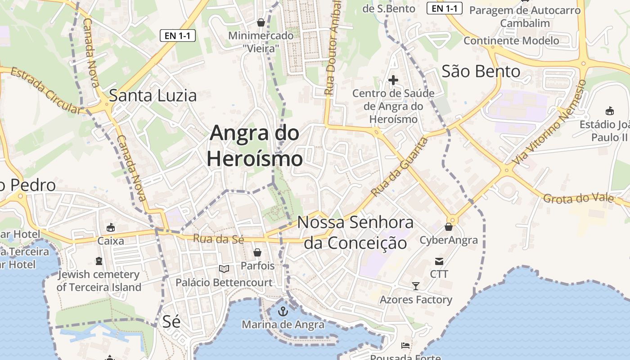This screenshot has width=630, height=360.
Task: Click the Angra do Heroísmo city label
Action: click(x=255, y=146)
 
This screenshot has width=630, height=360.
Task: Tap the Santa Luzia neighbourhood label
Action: click(x=153, y=95)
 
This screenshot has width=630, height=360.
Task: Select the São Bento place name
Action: click(x=481, y=71)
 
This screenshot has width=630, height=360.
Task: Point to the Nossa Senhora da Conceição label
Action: click(x=355, y=233)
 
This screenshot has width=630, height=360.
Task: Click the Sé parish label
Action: click(x=171, y=321)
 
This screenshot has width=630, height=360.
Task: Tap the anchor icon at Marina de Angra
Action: click(x=283, y=311)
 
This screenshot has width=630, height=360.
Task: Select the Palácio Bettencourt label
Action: click(x=224, y=283)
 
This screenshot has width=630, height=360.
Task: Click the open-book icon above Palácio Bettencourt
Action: click(x=224, y=269)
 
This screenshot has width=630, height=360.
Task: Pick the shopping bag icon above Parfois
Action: click(x=257, y=252)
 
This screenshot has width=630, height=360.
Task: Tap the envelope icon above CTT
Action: click(x=439, y=261)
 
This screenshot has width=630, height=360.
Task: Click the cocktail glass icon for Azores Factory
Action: click(x=416, y=286)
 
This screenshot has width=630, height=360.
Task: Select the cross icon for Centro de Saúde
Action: click(x=393, y=80)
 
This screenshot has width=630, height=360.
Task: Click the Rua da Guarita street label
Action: click(x=400, y=167)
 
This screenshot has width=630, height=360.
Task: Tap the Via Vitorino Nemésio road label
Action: click(x=550, y=122)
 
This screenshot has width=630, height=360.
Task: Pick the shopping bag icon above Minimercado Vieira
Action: click(x=261, y=22)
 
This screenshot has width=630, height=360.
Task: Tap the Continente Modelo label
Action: click(x=511, y=40)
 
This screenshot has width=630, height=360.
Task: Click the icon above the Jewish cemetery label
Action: click(x=99, y=261)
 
